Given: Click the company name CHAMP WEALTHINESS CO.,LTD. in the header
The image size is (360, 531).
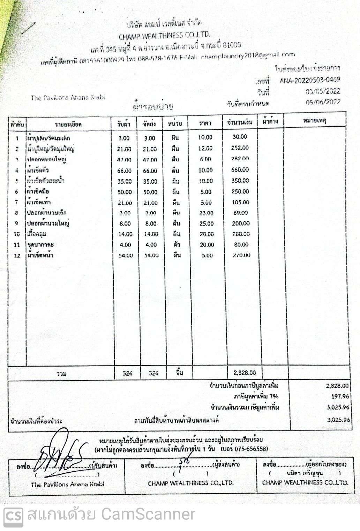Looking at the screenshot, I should point(165,35).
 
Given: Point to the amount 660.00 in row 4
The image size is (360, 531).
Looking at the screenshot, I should point(240,170).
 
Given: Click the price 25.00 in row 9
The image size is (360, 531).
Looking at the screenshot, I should point(207,223).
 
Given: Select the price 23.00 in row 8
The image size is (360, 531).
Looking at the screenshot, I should point(207,213).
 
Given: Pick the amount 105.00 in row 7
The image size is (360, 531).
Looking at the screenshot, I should point(241,202).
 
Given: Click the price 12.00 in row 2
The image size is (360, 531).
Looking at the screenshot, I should point(205,148).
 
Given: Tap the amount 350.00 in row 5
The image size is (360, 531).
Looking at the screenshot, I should point(240,181).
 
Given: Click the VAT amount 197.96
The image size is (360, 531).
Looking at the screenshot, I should point(340,397).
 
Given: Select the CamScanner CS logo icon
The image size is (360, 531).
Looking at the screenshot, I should point(14,515).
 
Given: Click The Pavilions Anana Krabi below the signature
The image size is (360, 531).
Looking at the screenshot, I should point(67,484).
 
